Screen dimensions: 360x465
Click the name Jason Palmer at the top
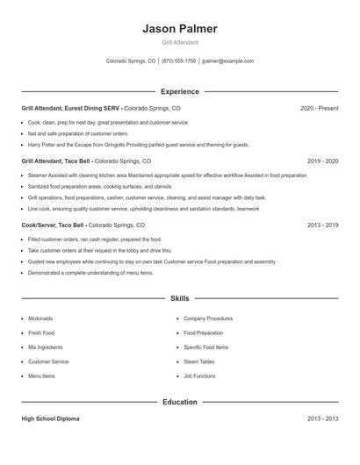point(179,29)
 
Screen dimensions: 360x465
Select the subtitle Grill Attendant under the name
point(179,42)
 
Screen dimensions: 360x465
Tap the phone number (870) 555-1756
point(178,61)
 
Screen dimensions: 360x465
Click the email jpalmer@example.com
point(227,61)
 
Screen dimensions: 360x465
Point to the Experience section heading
point(179,91)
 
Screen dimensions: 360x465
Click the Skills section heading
point(179,299)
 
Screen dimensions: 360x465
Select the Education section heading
point(179,402)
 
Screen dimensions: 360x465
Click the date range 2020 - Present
point(319,108)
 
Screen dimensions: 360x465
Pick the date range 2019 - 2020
point(322,161)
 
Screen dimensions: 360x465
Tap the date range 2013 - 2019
point(322,225)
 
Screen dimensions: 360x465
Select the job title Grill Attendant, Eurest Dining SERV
point(71,108)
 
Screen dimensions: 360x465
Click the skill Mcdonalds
point(40,318)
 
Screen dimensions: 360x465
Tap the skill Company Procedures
point(208,318)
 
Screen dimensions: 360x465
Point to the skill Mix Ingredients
point(46,347)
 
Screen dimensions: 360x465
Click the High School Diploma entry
point(50,419)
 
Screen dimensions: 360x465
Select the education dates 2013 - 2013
point(322,419)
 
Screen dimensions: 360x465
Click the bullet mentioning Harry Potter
point(138,145)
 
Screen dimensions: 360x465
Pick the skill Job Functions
point(199,376)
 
